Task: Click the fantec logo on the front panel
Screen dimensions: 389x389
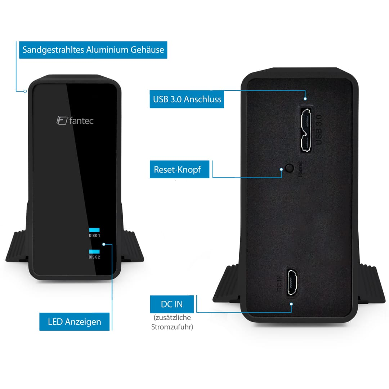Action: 75,121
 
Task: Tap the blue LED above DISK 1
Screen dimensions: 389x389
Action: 94,230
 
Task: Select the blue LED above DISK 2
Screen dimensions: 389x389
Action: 94,251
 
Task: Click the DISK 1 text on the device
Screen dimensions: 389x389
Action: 94,236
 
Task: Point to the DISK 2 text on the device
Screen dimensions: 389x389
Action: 94,257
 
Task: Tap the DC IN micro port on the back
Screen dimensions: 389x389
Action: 292,282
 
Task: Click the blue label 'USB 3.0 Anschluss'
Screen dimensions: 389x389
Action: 187,99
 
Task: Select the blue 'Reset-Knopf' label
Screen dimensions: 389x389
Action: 179,169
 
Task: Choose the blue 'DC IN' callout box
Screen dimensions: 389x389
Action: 172,304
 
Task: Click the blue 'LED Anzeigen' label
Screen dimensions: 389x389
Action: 75,322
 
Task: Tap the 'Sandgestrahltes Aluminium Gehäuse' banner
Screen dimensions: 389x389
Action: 93,50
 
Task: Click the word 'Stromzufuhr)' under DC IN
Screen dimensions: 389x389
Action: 172,327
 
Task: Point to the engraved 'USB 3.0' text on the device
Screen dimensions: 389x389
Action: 318,130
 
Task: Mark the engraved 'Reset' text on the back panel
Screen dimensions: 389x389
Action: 300,169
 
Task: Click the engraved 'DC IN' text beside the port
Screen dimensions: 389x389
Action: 279,283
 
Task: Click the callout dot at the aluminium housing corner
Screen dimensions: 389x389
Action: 25,91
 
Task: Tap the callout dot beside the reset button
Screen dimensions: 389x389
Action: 281,169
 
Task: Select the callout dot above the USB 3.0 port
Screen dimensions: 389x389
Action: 305,99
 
